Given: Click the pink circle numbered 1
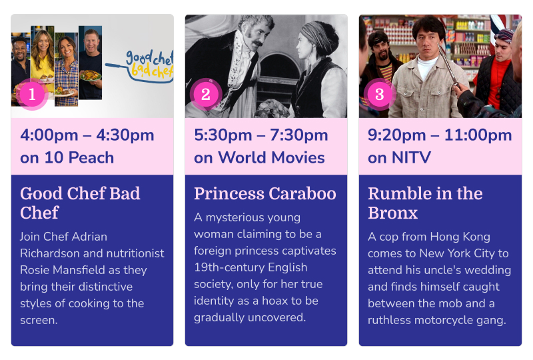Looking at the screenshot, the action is (32, 94).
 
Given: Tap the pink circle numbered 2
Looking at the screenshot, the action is (206, 94).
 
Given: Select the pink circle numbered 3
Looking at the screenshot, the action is (380, 94).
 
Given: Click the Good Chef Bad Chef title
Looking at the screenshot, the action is (80, 203).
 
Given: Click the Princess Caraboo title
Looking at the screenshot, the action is (265, 193).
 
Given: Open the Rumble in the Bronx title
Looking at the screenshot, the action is (425, 203).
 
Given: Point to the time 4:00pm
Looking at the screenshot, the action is (49, 135).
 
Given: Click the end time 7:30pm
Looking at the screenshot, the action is (299, 135).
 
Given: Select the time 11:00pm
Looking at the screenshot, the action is (478, 135).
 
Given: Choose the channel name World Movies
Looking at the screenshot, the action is (271, 157).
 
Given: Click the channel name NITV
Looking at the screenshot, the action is (411, 157).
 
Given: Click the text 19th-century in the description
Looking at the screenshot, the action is (229, 267).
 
